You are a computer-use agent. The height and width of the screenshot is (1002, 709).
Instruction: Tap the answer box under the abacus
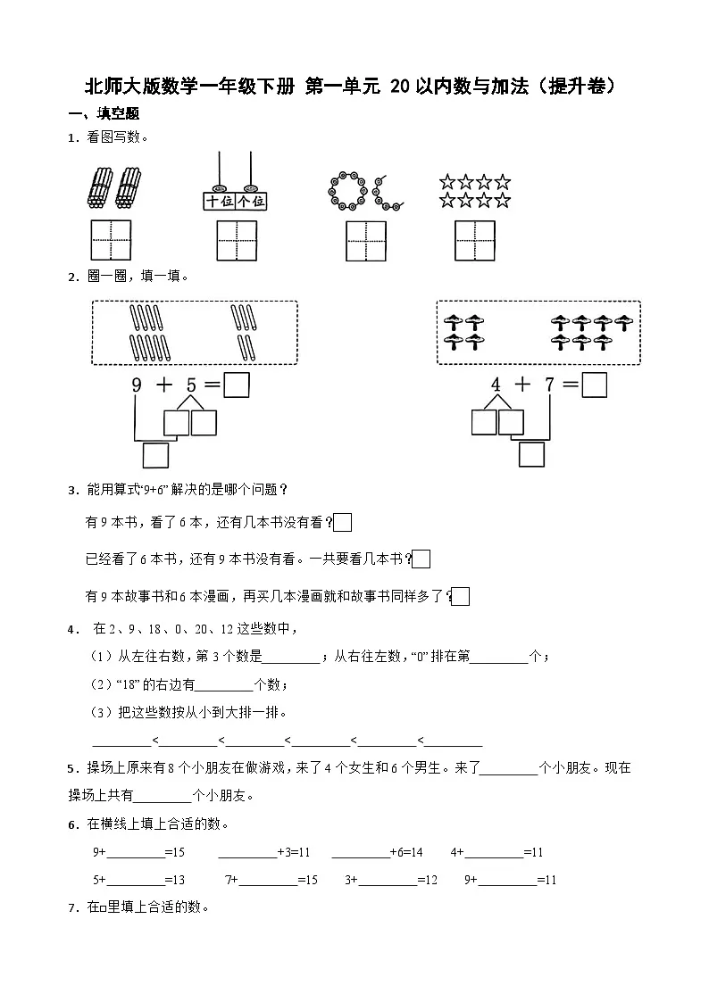coord(237,240)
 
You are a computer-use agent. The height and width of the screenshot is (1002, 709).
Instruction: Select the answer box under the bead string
coord(366,241)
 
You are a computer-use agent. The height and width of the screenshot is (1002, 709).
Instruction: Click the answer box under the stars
coord(475,240)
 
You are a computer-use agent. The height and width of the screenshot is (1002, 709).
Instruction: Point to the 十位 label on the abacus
coord(218,201)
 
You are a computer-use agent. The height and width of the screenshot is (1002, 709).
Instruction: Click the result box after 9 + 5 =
coord(236,385)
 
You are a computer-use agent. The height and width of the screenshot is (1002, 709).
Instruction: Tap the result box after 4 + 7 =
coord(594,385)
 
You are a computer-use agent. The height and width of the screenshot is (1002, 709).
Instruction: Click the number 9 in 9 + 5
coord(137,385)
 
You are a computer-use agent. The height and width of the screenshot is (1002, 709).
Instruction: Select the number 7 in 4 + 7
coord(550,385)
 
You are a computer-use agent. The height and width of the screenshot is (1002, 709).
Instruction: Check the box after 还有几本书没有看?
coord(343,523)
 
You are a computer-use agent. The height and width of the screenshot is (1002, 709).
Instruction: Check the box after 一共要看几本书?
coord(422,559)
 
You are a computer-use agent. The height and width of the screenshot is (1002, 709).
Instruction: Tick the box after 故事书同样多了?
coord(461,596)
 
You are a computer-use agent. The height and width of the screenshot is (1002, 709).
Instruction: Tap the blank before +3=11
coord(247,853)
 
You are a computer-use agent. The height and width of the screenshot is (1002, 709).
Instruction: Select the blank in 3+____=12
coord(388,881)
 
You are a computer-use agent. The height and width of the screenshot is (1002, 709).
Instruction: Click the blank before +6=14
coord(360,853)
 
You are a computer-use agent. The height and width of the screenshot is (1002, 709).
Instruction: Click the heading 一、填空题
coord(104,114)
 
